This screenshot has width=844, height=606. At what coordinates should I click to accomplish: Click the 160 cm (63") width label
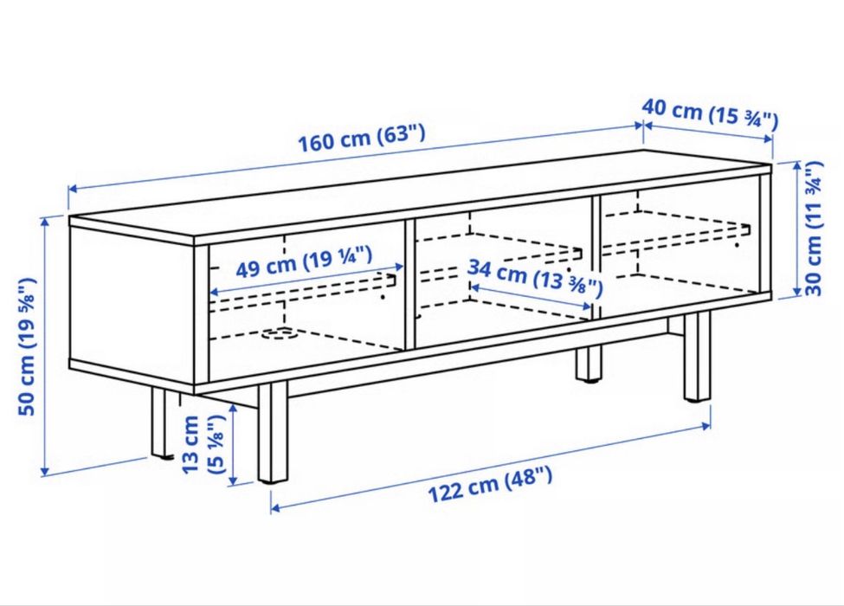(x=362, y=139)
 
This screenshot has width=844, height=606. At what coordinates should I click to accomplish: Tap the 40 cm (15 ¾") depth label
(x=710, y=113)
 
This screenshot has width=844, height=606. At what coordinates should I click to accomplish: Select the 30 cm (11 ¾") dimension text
(x=815, y=229)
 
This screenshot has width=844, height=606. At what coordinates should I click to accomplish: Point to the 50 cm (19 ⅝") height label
(x=27, y=346)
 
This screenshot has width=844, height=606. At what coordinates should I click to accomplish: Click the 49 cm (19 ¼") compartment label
(x=304, y=261)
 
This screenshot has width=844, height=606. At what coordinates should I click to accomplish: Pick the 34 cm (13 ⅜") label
(x=534, y=278)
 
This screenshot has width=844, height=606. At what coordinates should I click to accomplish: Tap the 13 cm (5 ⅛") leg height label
(x=203, y=444)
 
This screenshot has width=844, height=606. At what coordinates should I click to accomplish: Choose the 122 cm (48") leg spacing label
(x=490, y=484)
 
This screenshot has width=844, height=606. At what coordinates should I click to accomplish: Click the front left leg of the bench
(x=273, y=432)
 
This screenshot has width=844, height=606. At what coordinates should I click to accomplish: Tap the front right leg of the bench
(x=697, y=357)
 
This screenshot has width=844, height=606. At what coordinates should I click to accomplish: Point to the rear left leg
(x=160, y=423)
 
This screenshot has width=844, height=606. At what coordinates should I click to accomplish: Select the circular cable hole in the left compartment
(x=280, y=334)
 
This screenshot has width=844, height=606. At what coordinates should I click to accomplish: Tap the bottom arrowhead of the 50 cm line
(x=45, y=471)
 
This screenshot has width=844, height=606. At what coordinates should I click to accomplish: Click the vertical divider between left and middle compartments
(x=410, y=285)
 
